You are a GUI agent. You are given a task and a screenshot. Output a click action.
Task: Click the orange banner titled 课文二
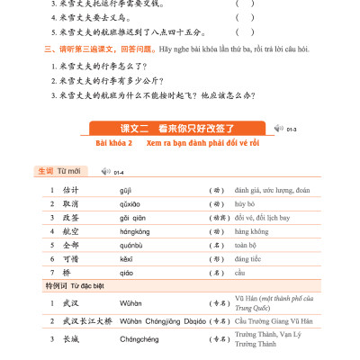(x=179, y=128)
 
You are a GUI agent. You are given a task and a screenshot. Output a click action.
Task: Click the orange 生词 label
(x=45, y=169)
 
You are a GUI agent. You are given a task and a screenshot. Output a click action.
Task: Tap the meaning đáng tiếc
(x=248, y=260)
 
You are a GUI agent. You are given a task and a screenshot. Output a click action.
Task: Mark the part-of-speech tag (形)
(x=215, y=260)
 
